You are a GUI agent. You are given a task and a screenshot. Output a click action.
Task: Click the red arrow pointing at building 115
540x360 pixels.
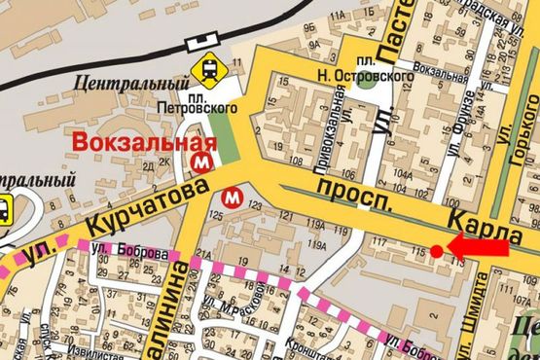[x=478, y=249]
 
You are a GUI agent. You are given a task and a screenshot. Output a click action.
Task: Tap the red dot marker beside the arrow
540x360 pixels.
[x=437, y=251]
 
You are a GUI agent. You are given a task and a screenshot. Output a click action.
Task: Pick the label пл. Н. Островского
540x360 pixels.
[x=387, y=64]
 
